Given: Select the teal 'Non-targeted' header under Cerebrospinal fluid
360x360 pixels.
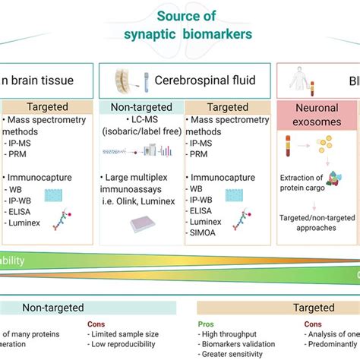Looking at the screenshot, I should [141, 109].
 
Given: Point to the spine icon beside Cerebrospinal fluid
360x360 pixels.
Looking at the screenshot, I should [122, 80].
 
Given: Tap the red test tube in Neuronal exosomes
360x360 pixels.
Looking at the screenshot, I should [289, 149].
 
